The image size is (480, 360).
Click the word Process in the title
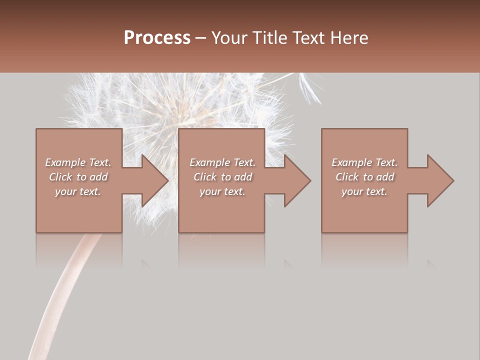tap(157, 38)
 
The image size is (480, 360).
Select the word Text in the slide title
tap(307, 38)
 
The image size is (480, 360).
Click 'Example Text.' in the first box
tap(78, 162)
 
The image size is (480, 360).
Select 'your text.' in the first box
tap(78, 191)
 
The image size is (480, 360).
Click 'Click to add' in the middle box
tap(222, 177)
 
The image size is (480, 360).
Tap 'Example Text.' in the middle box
tap(222, 162)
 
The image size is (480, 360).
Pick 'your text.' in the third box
tap(364, 191)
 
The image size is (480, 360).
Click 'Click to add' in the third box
tap(364, 177)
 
